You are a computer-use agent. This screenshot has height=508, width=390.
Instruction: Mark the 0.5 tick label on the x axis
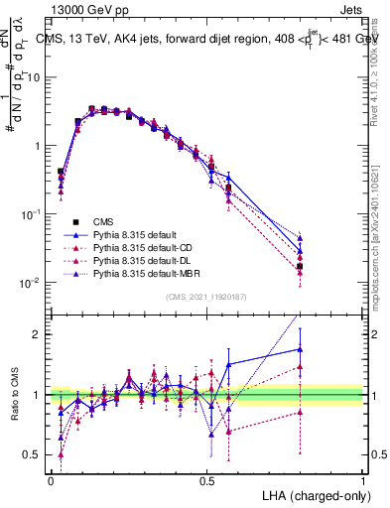pyautogui.click(x=207, y=479)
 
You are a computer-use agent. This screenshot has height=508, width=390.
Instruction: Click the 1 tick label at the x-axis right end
pyautogui.click(x=363, y=479)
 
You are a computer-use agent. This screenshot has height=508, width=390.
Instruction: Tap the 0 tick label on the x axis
pyautogui.click(x=51, y=479)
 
